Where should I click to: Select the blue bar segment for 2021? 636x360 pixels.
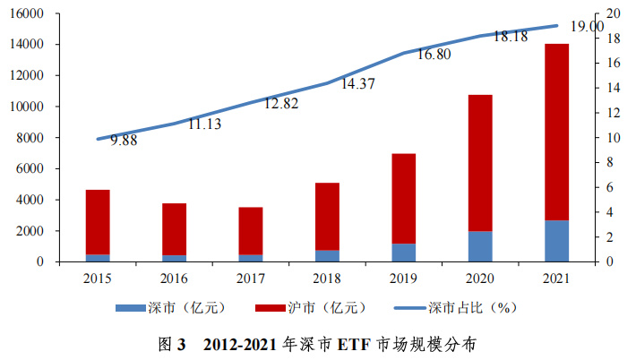pos(556,241)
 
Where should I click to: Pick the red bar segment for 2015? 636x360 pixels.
pos(98,222)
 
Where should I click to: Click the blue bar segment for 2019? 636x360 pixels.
pos(404,253)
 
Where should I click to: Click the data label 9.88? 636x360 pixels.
pos(124,141)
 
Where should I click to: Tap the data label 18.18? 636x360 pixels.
pos(510,37)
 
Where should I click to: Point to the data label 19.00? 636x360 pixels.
pos(585,27)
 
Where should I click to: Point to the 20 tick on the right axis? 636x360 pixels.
pos(614,13)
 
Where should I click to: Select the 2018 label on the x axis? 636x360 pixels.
pos(327,279)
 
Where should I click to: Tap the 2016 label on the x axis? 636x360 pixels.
pos(174,279)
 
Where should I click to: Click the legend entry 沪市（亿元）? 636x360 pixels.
pos(323,308)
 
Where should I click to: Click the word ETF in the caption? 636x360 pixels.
pos(352,343)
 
